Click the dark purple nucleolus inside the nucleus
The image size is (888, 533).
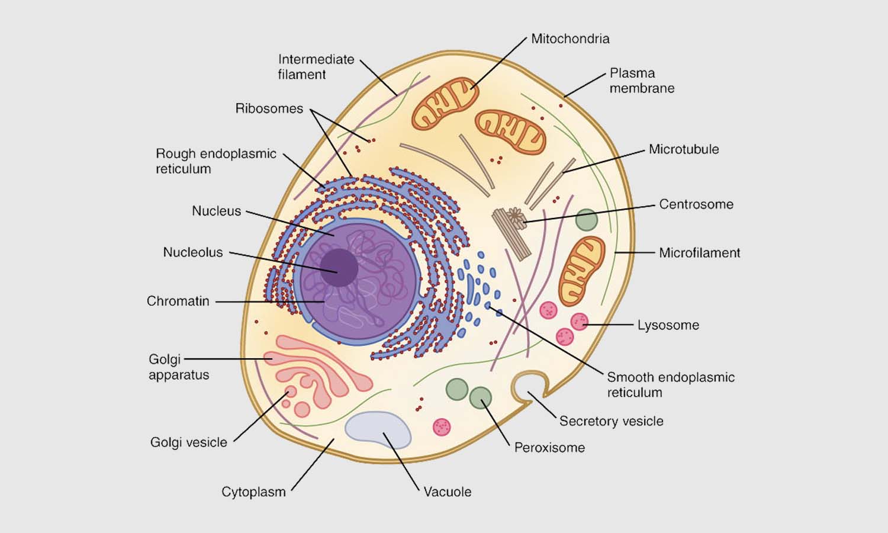coord(339,268)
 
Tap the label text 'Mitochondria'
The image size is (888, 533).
coord(570,39)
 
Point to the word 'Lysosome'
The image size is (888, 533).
coord(668,325)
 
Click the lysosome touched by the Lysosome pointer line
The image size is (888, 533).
coord(579,322)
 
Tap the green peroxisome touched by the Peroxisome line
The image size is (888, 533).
coord(480,398)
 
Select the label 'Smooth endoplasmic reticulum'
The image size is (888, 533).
coord(670,385)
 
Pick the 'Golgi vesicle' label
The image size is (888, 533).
coord(188,442)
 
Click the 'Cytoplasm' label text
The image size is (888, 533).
coord(253,492)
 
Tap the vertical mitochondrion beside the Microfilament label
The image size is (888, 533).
coord(581,270)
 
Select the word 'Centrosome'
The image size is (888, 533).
coord(696,204)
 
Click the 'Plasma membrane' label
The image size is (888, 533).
coord(642,81)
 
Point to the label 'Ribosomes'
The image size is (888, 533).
coord(269,109)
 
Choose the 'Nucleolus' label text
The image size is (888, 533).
coord(193,252)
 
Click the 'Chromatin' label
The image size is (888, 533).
coord(178,301)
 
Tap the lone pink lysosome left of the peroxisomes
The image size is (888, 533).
coord(442,427)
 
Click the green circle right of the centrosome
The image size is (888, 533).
coord(586,220)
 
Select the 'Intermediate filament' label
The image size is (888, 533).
coord(316,67)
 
